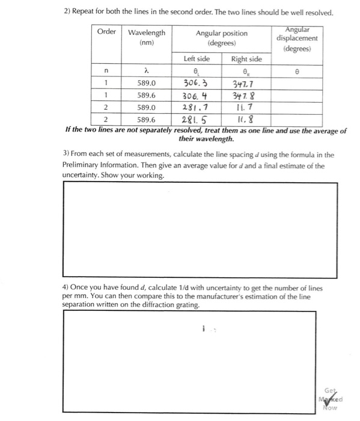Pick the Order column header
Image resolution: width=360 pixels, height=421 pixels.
pyautogui.click(x=107, y=31)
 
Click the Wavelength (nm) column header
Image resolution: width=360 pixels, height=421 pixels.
pyautogui.click(x=147, y=37)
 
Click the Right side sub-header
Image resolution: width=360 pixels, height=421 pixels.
pyautogui.click(x=246, y=59)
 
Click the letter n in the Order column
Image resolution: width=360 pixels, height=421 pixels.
pyautogui.click(x=106, y=71)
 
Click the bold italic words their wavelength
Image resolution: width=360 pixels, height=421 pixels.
pyautogui.click(x=206, y=139)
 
